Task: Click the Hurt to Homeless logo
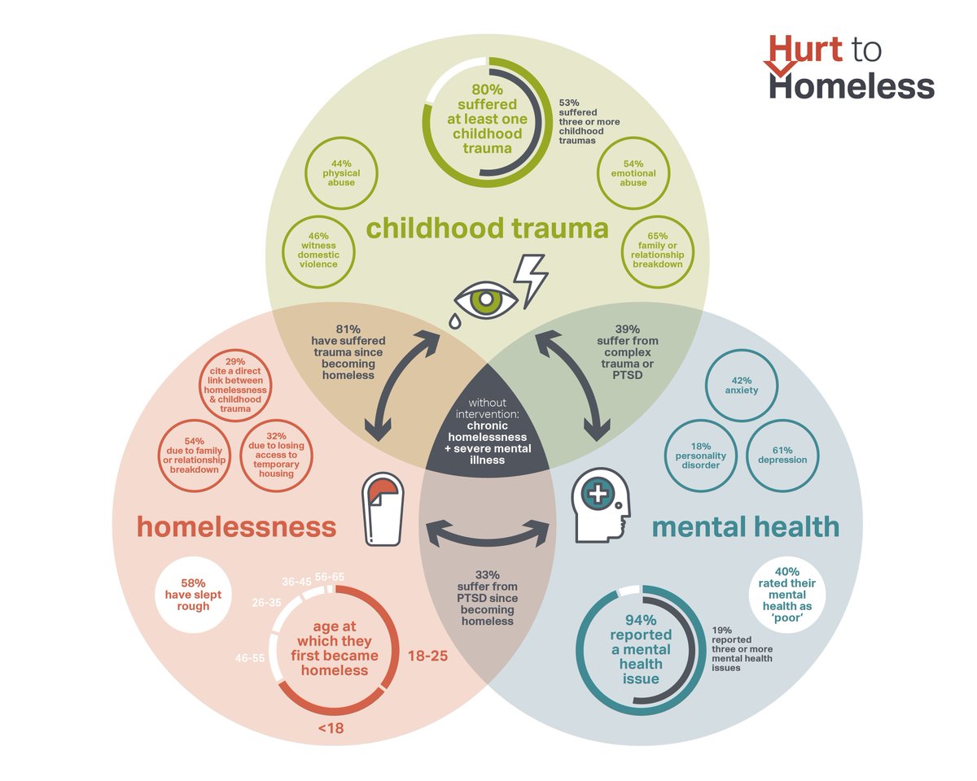(x=851, y=68)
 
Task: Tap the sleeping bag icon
(x=382, y=510)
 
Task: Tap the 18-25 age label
(x=427, y=656)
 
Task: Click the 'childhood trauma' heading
(x=487, y=229)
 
